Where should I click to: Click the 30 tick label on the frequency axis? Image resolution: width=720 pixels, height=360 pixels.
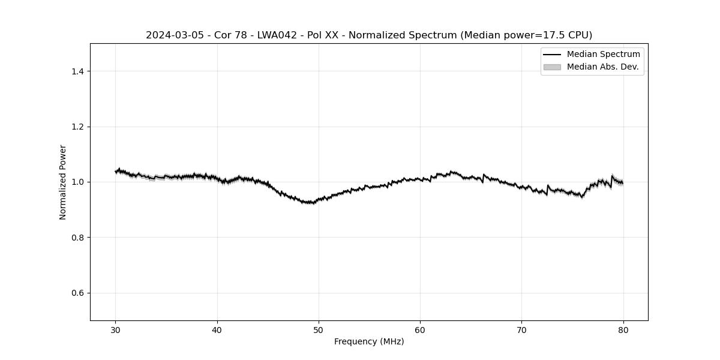pos(116,330)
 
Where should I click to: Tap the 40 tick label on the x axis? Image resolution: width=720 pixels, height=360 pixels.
pos(217,330)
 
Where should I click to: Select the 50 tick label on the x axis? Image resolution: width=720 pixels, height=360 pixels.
pos(319,330)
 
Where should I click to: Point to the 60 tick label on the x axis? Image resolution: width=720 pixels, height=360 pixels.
pos(420,330)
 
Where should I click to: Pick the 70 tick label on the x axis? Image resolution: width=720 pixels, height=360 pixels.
pos(521,330)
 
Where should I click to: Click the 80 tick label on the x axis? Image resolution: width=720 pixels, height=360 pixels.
pos(623,330)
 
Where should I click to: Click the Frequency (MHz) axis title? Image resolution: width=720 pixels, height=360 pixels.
pos(369,342)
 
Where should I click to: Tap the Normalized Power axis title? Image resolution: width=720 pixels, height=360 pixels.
pos(63,182)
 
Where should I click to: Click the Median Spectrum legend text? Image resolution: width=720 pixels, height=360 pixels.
pos(603,55)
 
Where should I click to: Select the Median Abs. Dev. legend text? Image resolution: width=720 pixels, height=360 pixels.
pos(602,67)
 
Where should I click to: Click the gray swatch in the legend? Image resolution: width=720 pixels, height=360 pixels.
pos(552,67)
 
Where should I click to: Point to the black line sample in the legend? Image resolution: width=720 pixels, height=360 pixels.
pos(552,55)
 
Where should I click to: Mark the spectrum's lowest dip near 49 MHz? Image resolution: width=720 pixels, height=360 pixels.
pos(309,203)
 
